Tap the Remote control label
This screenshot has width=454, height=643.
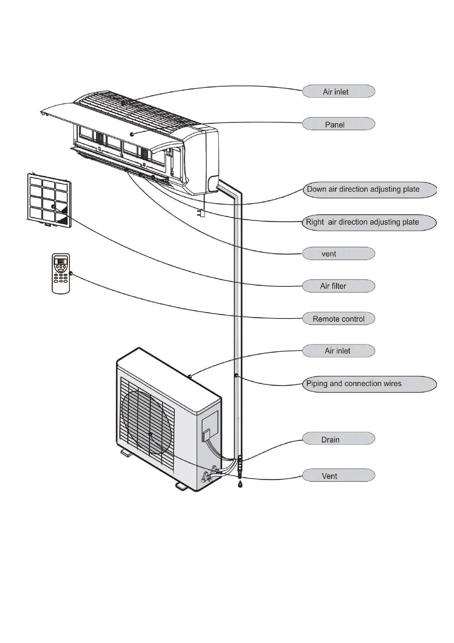338,319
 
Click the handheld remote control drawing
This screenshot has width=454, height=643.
61,273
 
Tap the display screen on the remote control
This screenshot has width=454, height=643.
61,262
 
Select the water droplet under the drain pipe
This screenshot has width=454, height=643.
240,484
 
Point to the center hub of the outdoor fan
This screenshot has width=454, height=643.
150,434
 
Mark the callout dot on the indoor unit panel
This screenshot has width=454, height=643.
132,134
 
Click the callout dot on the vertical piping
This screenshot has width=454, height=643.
237,376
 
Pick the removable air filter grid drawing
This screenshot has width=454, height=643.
49,200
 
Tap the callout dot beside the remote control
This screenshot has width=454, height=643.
71,273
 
